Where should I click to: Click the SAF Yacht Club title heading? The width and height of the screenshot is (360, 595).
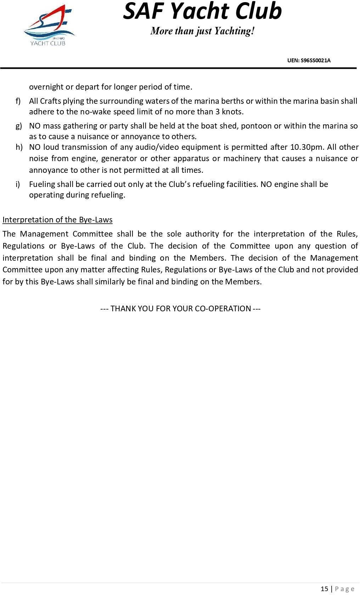[x=202, y=11]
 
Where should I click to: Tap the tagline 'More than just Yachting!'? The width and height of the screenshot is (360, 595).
[x=202, y=31]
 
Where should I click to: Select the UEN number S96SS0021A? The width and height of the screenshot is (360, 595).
[x=309, y=60]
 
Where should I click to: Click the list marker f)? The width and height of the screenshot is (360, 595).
[x=18, y=101]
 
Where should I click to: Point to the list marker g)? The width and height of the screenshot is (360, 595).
[x=18, y=126]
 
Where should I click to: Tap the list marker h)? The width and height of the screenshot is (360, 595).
[x=19, y=147]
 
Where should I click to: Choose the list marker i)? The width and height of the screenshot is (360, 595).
[x=17, y=184]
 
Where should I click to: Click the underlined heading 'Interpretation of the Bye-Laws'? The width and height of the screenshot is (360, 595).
[x=57, y=220]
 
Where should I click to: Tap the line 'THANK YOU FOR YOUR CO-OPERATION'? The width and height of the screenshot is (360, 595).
[x=180, y=308]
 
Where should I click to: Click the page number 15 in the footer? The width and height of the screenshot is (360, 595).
[x=324, y=589]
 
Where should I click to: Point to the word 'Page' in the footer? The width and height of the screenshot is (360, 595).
[x=345, y=589]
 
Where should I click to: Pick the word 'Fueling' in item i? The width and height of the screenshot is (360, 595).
[x=42, y=184]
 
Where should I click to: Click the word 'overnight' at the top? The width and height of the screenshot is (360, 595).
[x=46, y=87]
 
